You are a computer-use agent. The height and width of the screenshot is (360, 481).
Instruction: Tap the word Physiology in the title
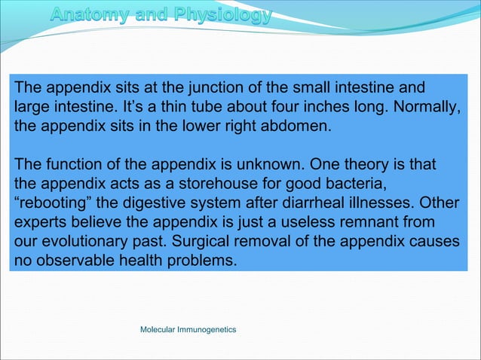click(225, 16)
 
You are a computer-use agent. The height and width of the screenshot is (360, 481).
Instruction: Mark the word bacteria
click(335, 184)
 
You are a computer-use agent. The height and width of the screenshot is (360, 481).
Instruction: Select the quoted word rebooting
click(51, 203)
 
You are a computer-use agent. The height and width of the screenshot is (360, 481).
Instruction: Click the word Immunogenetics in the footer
click(207, 330)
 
